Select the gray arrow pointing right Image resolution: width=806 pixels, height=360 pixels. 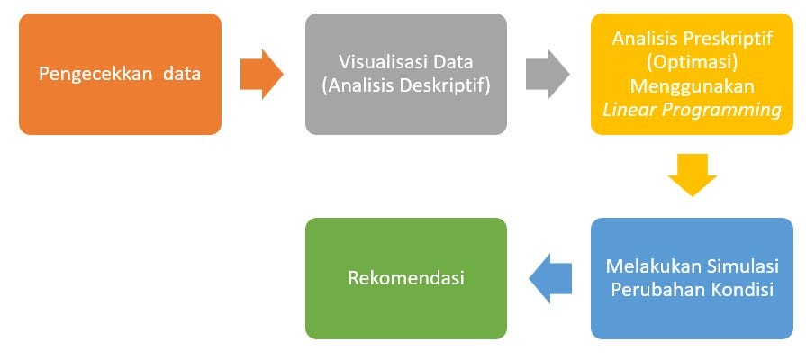[x=548, y=74]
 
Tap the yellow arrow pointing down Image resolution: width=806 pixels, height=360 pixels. [x=692, y=175]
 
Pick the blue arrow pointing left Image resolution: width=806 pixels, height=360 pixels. [x=550, y=278]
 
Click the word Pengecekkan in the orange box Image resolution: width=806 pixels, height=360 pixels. [x=95, y=75]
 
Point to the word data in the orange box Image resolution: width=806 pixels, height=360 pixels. [x=182, y=74]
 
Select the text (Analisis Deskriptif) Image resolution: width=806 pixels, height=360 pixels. [x=406, y=86]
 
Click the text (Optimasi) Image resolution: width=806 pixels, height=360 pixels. [x=692, y=62]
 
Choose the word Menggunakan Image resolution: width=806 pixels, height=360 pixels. [x=692, y=86]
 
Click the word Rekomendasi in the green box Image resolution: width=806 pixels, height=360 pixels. [x=406, y=278]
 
